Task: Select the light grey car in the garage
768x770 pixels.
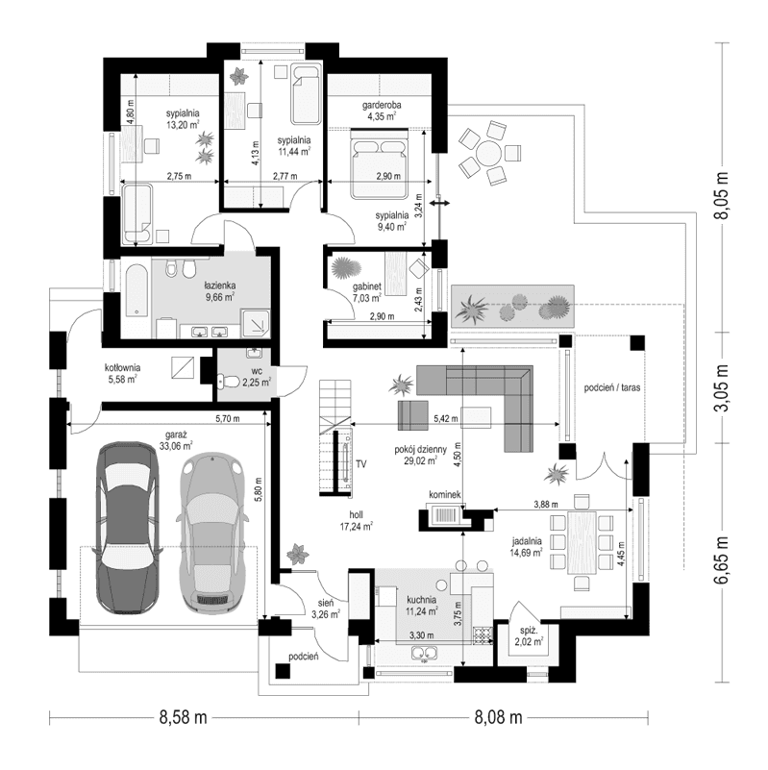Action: (214, 534)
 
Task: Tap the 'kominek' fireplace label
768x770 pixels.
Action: (448, 494)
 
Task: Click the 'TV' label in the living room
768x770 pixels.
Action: (361, 464)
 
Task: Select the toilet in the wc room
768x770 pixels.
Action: (230, 383)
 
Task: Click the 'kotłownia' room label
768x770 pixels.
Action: (124, 367)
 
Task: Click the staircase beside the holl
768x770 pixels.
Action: (333, 405)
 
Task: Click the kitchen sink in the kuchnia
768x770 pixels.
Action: (424, 655)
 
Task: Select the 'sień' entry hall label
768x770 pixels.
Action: (325, 603)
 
